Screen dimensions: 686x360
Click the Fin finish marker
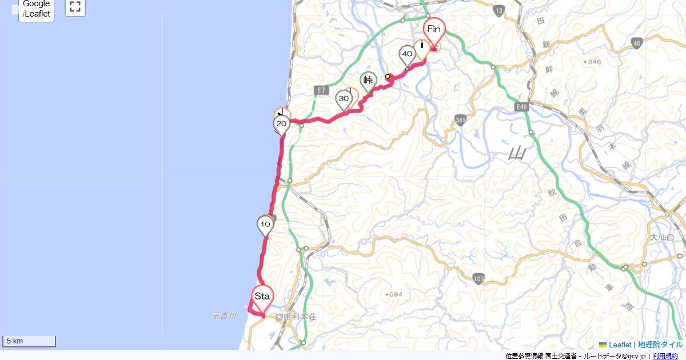click(434, 30)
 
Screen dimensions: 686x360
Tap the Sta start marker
click(262, 297)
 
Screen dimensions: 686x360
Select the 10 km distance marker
click(265, 225)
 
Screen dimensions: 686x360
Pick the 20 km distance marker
click(281, 123)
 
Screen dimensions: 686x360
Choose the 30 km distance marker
click(344, 99)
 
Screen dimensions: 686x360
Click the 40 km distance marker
click(407, 54)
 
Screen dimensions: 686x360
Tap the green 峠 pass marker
click(368, 81)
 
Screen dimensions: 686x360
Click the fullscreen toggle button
click(75, 7)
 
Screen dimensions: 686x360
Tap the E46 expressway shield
click(521, 106)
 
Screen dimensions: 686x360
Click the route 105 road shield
click(480, 278)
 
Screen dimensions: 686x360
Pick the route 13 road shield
click(498, 11)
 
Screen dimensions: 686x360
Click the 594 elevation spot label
click(394, 294)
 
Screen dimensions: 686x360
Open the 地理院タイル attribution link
click(660, 345)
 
